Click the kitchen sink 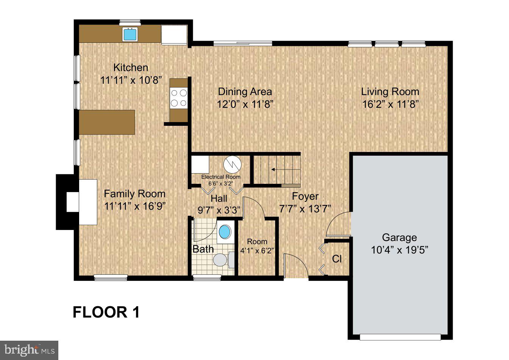tap(131, 34)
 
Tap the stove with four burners tap(179, 97)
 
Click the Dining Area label tap(245, 92)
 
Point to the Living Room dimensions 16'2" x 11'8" tap(390, 104)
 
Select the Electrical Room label tap(221, 177)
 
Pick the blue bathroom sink tap(225, 232)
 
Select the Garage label tap(399, 238)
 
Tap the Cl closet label tap(337, 259)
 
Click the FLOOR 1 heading tap(106, 312)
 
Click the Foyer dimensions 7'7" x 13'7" tap(305, 208)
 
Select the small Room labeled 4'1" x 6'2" tap(257, 246)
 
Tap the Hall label tap(219, 199)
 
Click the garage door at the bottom tap(400, 337)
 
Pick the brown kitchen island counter tap(107, 122)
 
